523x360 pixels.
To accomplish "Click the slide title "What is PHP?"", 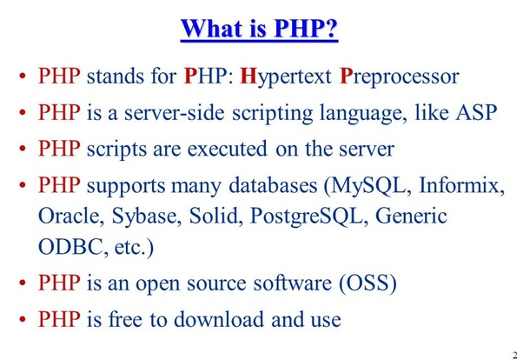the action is coord(259,29).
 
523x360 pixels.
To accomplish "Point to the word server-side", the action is coord(175,112).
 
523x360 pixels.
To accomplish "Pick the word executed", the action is coord(227,149).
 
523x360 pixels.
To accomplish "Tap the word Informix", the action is coord(461,185).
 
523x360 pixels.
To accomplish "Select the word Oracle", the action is coord(69,216).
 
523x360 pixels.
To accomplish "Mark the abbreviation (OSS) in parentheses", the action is coord(367,283).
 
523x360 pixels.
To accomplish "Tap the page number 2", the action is coord(515,355).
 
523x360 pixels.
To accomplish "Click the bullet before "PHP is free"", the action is coord(23,319).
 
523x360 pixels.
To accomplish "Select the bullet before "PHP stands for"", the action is coord(23,77).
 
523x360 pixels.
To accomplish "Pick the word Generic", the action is coord(411,216).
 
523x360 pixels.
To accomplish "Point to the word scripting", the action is coord(273,114).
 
